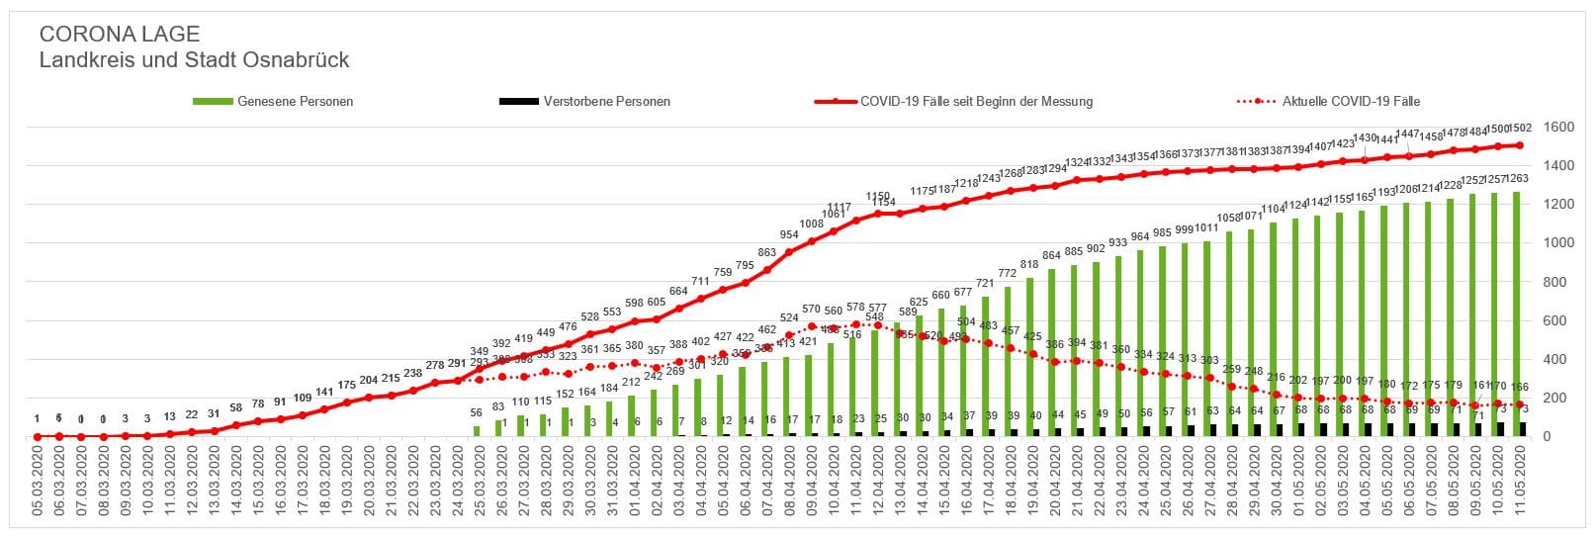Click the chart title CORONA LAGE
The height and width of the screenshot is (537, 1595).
[x=120, y=35]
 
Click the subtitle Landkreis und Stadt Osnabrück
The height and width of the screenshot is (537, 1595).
[x=194, y=60]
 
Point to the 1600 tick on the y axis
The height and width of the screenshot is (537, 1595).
[x=1559, y=127]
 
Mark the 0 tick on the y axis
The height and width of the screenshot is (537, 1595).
[x=1550, y=436]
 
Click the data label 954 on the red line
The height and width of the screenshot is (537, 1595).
[x=789, y=234]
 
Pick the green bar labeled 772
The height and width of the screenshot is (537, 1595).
[x=1008, y=362]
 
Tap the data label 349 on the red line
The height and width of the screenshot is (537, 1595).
[x=479, y=351]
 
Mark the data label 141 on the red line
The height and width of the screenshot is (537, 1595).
[x=324, y=393]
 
